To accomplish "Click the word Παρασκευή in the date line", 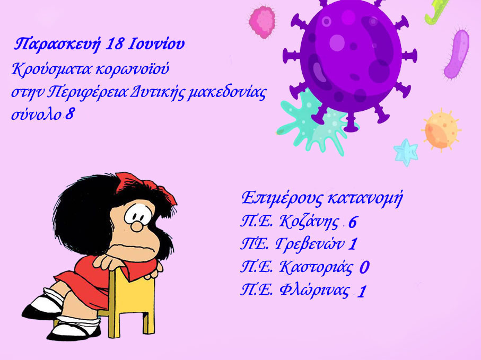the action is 57,45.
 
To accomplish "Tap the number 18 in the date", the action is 115,44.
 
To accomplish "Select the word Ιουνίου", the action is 156,44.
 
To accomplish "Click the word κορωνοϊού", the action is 132,69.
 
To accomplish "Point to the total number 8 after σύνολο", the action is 69,114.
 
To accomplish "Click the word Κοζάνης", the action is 309,222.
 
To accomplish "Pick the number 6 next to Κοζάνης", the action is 353,222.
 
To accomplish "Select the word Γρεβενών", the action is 310,244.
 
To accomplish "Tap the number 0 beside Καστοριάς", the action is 364,267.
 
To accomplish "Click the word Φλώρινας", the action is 314,290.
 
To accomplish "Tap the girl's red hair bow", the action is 144,187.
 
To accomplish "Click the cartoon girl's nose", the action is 136,227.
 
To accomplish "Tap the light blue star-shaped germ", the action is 406,152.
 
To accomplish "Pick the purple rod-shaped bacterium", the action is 457,53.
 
